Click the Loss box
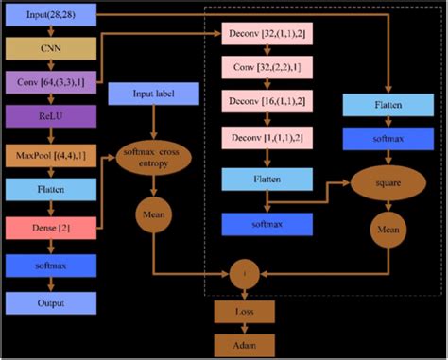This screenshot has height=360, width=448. (245, 309)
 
